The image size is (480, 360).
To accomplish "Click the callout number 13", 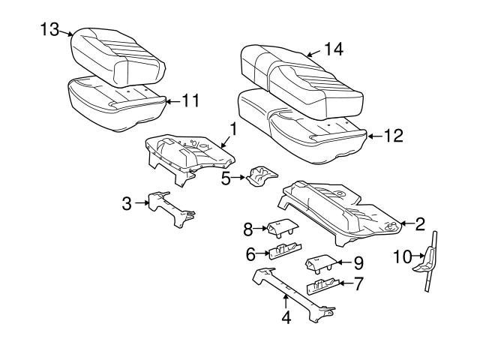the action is click(49, 30).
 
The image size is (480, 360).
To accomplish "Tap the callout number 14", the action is click(334, 49).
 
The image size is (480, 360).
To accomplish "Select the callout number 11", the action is click(190, 100).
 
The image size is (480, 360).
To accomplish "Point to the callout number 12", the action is click(394, 136).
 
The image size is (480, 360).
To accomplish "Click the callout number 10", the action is click(403, 256).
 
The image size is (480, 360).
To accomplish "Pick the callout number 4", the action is click(286, 317).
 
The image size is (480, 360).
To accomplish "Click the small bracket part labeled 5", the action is click(262, 176).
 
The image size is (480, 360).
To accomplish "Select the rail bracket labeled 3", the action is click(172, 209).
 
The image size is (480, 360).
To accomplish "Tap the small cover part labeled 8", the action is click(283, 229).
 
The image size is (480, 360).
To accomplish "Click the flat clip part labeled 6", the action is click(285, 251).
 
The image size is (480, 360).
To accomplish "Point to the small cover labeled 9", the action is click(322, 264).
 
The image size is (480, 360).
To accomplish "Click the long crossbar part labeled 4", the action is click(294, 295).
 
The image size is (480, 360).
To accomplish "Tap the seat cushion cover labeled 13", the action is click(118, 57).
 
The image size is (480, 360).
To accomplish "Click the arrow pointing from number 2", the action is click(406, 223).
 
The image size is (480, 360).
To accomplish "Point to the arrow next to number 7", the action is click(346, 283).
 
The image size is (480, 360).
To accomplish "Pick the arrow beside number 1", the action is click(226, 142).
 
